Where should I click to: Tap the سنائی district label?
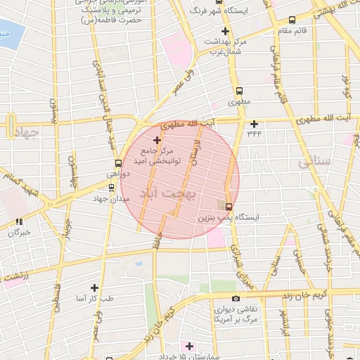pos(314,162)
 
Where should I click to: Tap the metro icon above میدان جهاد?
pos(111,187)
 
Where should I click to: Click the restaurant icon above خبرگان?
pos(18,222)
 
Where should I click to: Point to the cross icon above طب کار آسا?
pos(94,288)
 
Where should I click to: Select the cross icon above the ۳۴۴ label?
pos(254,124)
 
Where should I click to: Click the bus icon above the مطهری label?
pos(240,91)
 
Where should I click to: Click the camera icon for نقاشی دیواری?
pos(235,299)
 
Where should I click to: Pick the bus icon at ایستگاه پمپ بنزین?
pos(228,206)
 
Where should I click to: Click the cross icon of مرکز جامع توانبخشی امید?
pos(156,140)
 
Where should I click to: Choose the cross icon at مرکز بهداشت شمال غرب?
pos(225,31)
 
